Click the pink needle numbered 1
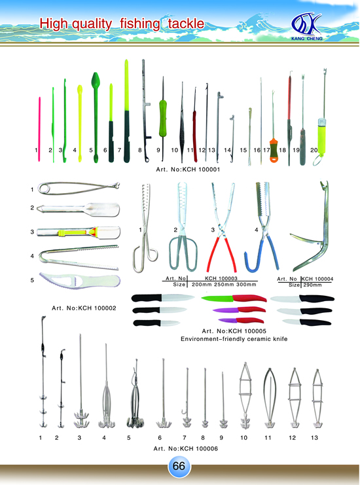click(39, 129)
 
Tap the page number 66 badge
click(179, 466)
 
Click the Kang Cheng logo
click(306, 26)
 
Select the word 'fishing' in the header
click(140, 24)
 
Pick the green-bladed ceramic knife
click(234, 298)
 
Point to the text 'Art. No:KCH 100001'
click(188, 170)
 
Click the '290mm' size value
click(312, 285)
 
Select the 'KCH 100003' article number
click(221, 278)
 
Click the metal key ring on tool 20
click(318, 160)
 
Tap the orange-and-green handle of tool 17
click(274, 151)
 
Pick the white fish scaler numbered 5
click(79, 281)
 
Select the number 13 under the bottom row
click(315, 438)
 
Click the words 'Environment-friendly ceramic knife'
click(234, 339)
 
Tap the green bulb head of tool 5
click(96, 80)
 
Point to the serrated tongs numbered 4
click(79, 257)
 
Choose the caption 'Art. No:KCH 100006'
click(186, 448)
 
